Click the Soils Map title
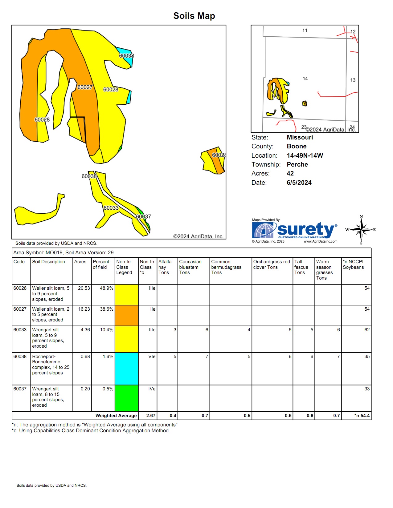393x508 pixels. coord(194,16)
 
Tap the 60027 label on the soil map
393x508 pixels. coord(85,87)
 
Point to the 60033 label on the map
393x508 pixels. coord(111,208)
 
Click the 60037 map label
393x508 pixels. coord(143,216)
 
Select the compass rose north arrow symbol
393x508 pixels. coord(361,229)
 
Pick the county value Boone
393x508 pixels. coord(297,146)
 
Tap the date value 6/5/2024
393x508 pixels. coord(299,183)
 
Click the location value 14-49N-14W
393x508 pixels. coord(305,155)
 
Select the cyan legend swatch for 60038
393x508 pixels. coord(126,369)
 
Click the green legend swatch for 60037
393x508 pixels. coord(126,398)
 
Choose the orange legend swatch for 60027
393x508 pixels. coord(126,315)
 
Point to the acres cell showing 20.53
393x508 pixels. coord(84,288)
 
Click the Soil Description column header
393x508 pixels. coord(48,262)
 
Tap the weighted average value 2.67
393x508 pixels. coord(151,416)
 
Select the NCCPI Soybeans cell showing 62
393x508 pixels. coord(367,330)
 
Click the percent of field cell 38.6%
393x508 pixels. coord(106,309)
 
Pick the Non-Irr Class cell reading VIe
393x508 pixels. coord(152,357)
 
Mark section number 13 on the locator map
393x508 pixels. coord(353,80)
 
